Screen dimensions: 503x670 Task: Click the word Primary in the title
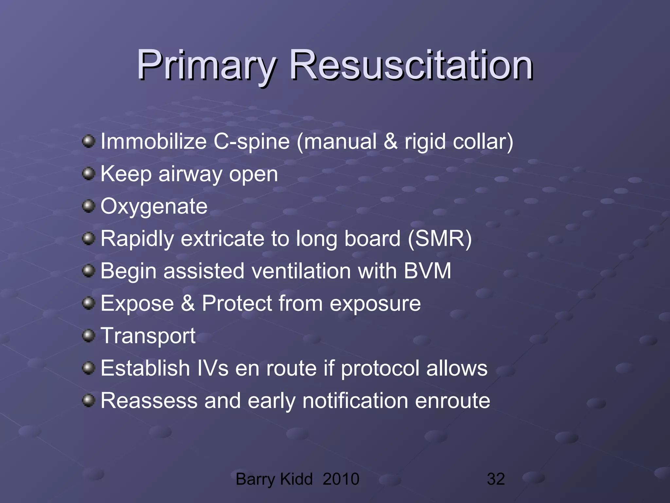pyautogui.click(x=206, y=65)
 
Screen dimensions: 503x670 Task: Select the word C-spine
pyautogui.click(x=252, y=142)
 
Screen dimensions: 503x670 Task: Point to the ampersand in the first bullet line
pyautogui.click(x=391, y=141)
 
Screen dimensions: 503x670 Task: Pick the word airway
pyautogui.click(x=190, y=174)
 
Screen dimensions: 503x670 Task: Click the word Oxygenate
pyautogui.click(x=154, y=206)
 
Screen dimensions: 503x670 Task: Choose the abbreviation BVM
pyautogui.click(x=427, y=271)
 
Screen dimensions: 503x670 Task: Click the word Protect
pyautogui.click(x=237, y=303)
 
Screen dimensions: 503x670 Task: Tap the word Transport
pyautogui.click(x=148, y=336)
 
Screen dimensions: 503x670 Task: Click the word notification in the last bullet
pyautogui.click(x=355, y=401)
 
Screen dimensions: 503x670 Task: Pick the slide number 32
pyautogui.click(x=496, y=479)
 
